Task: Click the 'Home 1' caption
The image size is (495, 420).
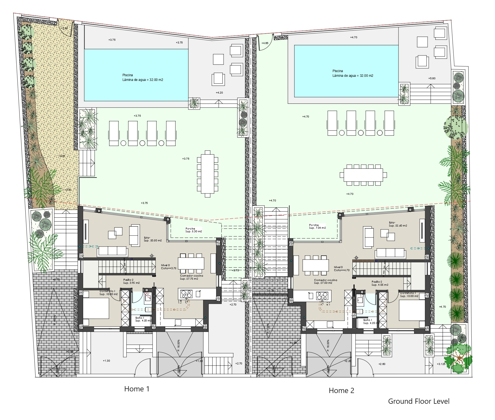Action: tap(137, 389)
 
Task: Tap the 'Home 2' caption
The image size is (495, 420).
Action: tap(341, 390)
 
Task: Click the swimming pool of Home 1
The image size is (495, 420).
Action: tap(136, 75)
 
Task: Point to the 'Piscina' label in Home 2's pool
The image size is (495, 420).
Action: tap(338, 71)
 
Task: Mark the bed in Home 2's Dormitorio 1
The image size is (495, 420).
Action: tap(411, 310)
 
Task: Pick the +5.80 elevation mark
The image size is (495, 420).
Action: tap(432, 78)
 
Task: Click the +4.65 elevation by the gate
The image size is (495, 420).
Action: tap(265, 43)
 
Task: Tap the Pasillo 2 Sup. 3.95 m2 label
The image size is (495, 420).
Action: tap(131, 281)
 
